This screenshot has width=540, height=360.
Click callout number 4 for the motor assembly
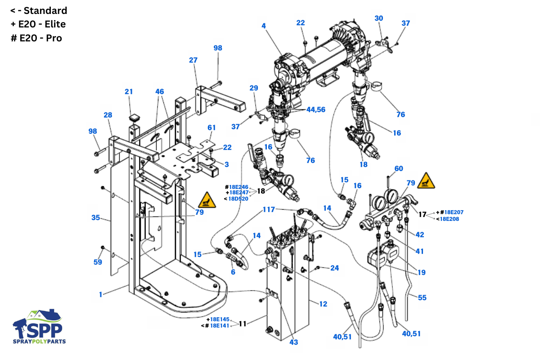[x=264, y=26]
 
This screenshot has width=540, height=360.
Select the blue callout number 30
[x=379, y=18]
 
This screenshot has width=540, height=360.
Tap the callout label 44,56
[x=316, y=110]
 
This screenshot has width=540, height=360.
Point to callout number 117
[x=269, y=209]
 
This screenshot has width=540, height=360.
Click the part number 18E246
[x=238, y=187]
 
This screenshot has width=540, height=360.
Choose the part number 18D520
[x=238, y=199]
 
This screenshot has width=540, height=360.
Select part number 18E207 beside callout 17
[x=454, y=212]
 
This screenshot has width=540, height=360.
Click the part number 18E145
[x=220, y=319]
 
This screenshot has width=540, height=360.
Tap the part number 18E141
[x=220, y=326]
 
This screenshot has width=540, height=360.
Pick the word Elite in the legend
[x=55, y=24]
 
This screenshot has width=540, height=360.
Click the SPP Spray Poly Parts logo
[x=39, y=326]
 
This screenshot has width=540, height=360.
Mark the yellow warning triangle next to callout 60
[x=426, y=180]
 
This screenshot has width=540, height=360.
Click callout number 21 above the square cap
[x=129, y=92]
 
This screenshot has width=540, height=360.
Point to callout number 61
[x=211, y=127]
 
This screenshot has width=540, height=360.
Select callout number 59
[x=98, y=262]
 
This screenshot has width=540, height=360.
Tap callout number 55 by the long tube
[x=422, y=297]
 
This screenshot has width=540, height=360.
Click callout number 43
[x=293, y=342]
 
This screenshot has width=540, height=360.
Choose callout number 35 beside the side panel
[x=95, y=217]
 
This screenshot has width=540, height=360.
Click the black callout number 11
[x=243, y=324]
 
